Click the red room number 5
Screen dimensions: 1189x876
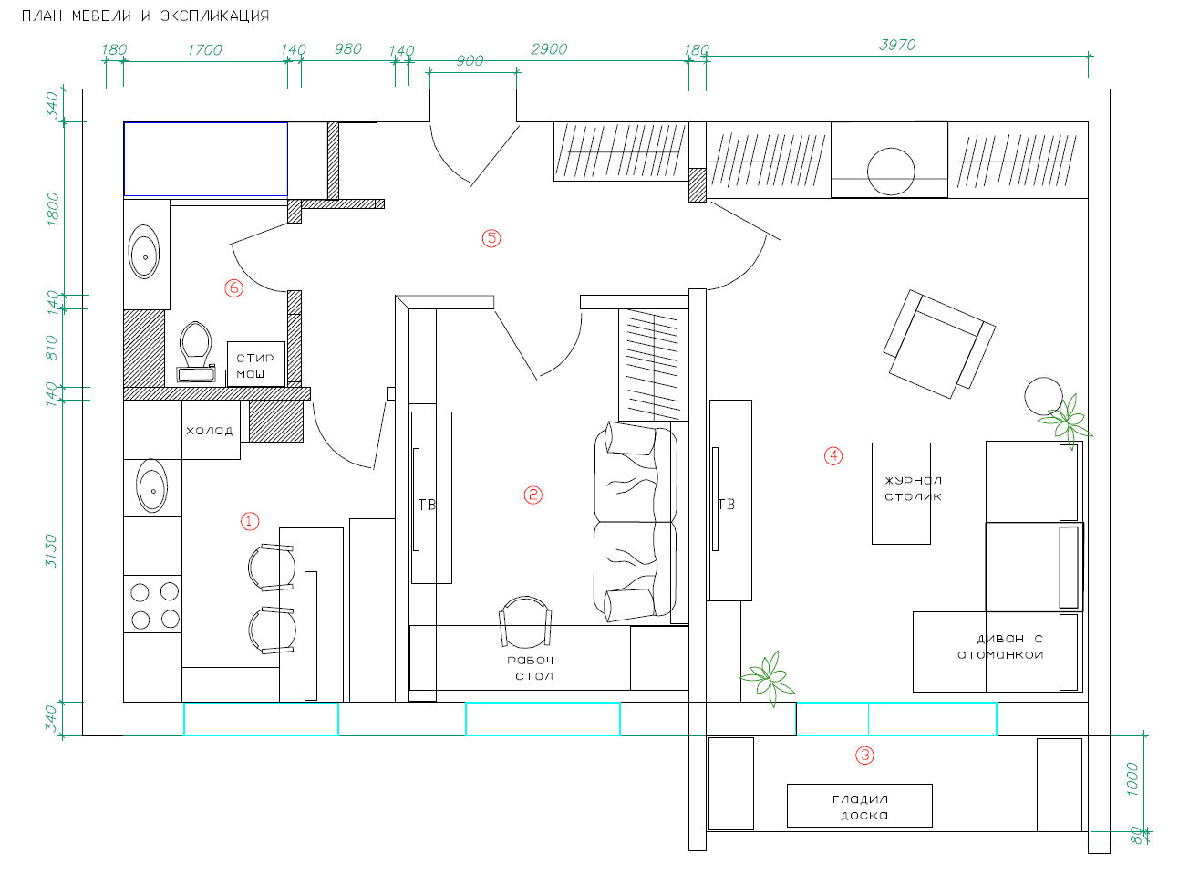[491, 238]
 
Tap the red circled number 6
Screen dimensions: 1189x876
[233, 288]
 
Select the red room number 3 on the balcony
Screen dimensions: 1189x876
[864, 755]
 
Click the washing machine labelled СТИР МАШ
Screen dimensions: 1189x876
[256, 364]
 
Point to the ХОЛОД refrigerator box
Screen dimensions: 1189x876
[211, 430]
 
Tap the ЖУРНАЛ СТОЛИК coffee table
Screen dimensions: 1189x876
[901, 494]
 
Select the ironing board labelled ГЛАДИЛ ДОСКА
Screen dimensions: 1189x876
[859, 806]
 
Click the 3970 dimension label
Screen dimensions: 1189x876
[897, 45]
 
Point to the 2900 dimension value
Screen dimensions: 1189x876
[549, 49]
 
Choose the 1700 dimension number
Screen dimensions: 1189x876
[204, 50]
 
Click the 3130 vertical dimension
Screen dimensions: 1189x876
[51, 551]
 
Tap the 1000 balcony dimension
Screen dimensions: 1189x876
[1132, 779]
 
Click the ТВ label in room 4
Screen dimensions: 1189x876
[726, 504]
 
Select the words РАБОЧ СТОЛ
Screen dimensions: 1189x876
[531, 668]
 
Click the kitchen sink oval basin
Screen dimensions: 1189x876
[151, 486]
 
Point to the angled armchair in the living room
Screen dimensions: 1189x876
[939, 344]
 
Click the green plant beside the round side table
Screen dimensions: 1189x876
[1066, 421]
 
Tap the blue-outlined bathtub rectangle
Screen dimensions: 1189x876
[206, 160]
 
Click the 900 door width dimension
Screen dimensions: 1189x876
[470, 60]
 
